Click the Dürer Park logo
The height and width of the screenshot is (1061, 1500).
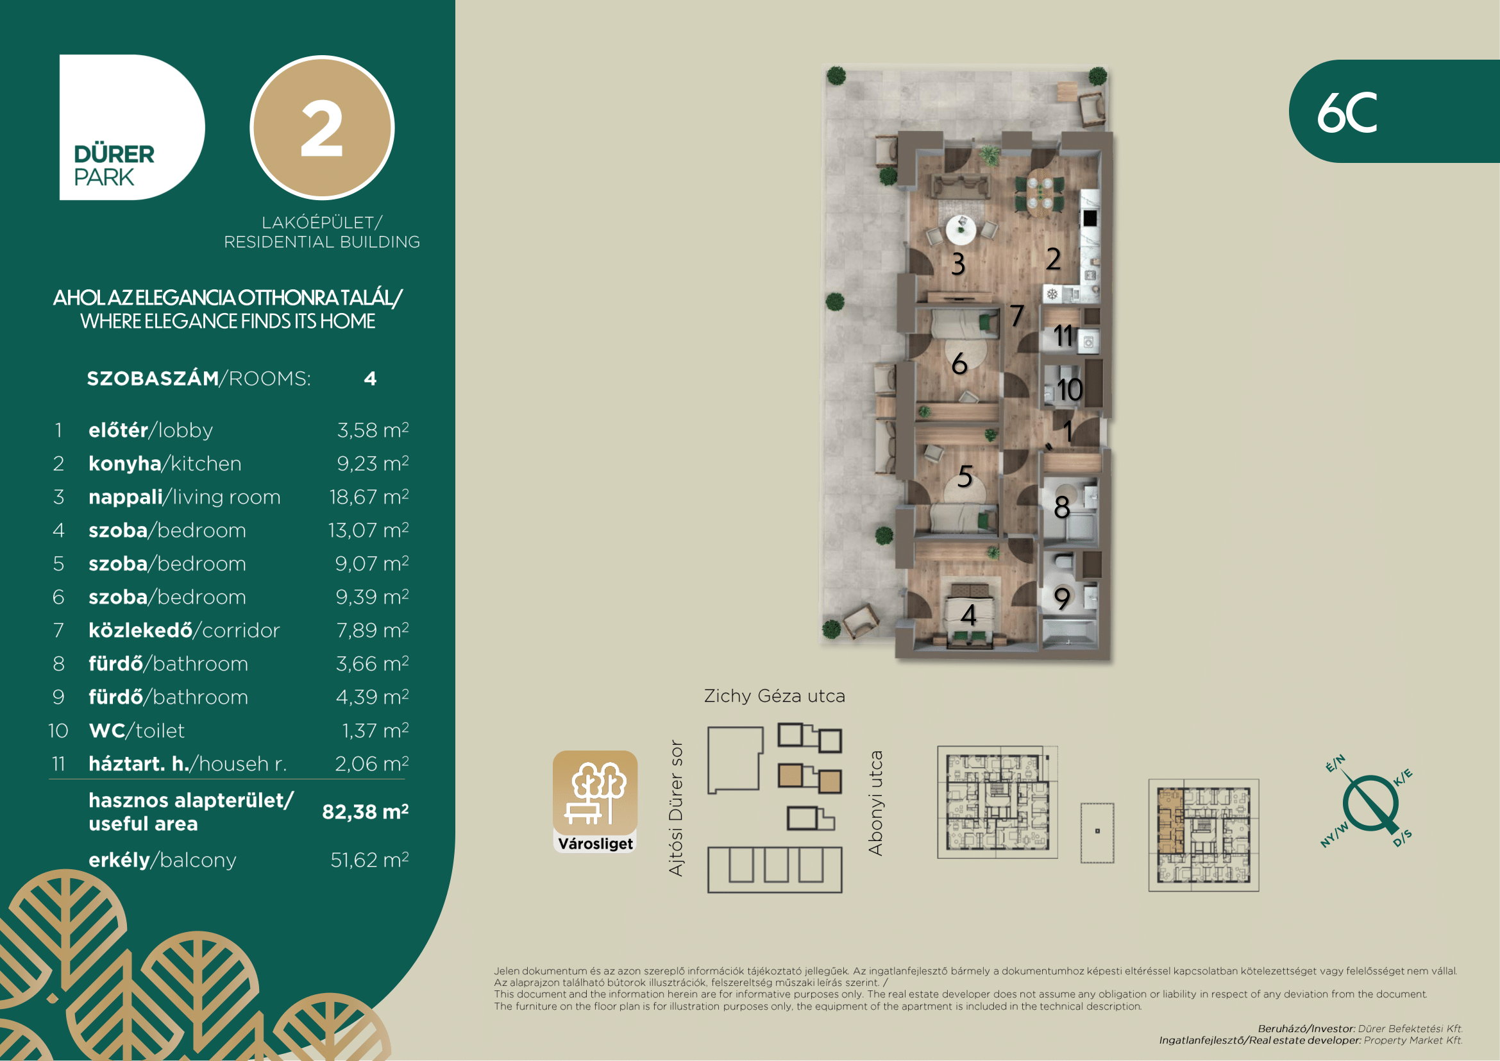[x=131, y=128]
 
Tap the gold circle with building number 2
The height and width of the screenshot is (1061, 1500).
[x=322, y=128]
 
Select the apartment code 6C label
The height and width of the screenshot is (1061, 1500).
[x=1347, y=112]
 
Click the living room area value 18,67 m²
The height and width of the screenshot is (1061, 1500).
[x=369, y=497]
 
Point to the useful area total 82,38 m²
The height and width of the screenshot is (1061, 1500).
[x=365, y=811]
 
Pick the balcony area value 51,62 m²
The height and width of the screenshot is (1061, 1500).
[x=370, y=860]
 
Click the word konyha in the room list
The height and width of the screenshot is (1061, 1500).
[x=125, y=463]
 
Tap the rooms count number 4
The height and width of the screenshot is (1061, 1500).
[x=371, y=379]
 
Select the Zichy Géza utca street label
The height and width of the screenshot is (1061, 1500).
[x=775, y=696]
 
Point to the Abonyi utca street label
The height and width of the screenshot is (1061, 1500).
[x=875, y=803]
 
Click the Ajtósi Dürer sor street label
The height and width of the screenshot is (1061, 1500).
[x=675, y=808]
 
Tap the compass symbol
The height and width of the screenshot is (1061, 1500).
[x=1368, y=802]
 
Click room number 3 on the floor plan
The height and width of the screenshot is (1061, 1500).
[x=957, y=264]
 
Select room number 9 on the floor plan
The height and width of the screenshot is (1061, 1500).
[x=1062, y=598]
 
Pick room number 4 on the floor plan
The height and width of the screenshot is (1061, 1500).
[x=969, y=615]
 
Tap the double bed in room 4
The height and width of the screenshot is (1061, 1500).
[x=970, y=615]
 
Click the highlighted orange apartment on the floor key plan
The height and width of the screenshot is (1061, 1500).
[x=1170, y=821]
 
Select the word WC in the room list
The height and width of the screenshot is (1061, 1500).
[x=107, y=731]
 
